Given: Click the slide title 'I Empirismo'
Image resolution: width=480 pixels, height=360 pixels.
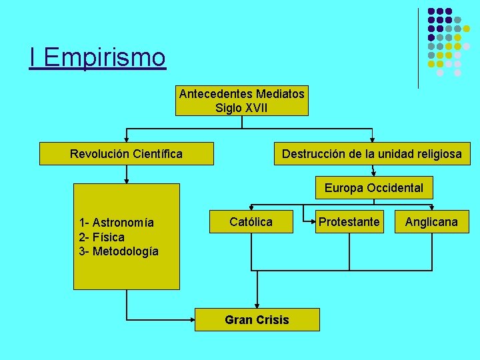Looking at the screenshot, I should coord(97,57).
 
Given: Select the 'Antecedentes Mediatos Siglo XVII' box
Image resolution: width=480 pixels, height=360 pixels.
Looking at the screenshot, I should coord(241,101).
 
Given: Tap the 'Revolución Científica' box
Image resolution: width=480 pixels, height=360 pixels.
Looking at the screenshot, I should coord(126,154).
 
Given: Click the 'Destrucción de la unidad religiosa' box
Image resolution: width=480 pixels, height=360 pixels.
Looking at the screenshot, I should coord(371,154).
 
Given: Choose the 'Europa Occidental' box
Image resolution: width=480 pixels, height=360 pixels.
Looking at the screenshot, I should coord(373,188).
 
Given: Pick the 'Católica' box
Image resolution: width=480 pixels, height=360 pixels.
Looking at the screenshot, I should coord(251,221).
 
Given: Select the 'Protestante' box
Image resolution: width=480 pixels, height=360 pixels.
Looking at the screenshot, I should coord(349,221).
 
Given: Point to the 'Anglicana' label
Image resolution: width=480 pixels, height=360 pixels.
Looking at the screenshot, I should coord(431,222).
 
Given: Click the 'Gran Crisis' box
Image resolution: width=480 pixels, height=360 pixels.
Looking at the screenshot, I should coord(257,320).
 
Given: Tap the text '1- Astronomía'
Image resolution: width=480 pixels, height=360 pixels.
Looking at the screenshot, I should coord(116,223).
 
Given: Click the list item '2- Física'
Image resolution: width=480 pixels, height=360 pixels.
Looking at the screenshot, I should coord(101,237).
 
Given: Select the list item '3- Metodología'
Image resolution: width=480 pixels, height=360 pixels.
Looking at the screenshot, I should coord(119,251).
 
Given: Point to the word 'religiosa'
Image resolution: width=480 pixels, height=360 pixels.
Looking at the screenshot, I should coord(437,154).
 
